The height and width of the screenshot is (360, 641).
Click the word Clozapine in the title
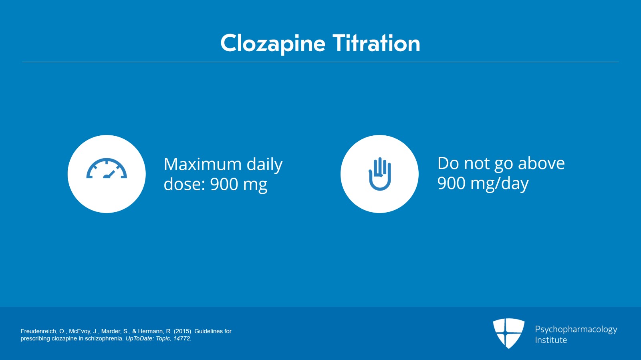(273, 44)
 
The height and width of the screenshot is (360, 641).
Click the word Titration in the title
(376, 43)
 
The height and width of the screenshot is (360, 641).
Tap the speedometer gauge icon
(107, 168)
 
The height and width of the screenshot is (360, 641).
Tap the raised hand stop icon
(380, 174)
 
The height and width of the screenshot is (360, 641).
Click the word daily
(265, 165)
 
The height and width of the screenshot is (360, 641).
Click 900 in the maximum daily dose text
(224, 184)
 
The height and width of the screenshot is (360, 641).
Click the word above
(541, 163)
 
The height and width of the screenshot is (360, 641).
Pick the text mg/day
(500, 183)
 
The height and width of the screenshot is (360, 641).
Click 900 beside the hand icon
(452, 183)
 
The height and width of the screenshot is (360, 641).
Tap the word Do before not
(448, 163)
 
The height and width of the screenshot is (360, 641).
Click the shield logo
(508, 333)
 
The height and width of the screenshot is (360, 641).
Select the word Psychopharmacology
(576, 330)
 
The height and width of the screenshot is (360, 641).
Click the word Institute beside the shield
(551, 340)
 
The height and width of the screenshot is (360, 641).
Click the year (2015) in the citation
(183, 331)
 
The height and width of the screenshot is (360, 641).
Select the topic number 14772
(181, 338)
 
